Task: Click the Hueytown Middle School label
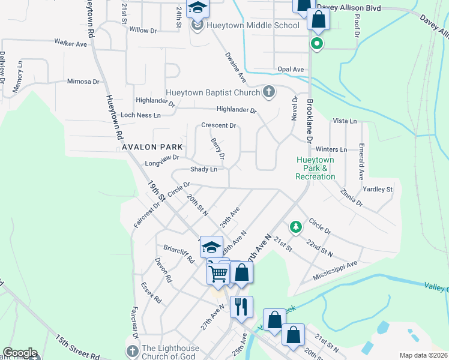point(253,26)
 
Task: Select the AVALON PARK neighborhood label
point(153,146)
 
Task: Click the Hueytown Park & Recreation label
point(315,168)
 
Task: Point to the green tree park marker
point(295,226)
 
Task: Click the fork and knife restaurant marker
point(241,307)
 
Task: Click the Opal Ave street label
point(291,70)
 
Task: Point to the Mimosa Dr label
point(83,82)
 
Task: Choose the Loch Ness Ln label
point(140,115)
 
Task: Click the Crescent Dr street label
point(218,125)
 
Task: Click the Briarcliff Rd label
point(179,254)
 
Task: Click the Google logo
point(19,353)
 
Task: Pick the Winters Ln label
point(331,149)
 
